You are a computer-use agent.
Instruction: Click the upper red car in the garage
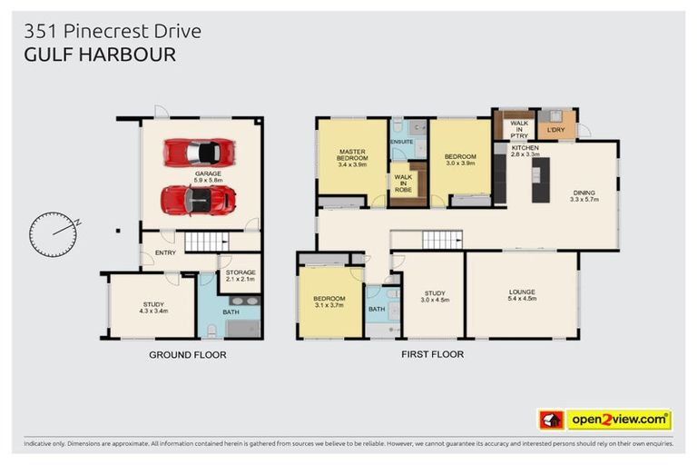click(199, 152)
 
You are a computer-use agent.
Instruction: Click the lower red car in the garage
click(198, 200)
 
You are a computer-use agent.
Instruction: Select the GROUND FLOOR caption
click(187, 354)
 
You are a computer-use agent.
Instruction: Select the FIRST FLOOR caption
click(432, 354)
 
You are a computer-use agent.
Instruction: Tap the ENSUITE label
click(401, 143)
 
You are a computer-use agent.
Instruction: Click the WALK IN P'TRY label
click(519, 129)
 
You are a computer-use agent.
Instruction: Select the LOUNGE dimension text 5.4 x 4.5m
click(521, 299)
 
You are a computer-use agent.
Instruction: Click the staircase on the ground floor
click(208, 242)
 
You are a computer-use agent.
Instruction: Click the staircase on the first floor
click(441, 240)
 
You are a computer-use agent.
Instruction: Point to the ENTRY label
click(164, 252)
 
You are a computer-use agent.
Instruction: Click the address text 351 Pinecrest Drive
click(113, 32)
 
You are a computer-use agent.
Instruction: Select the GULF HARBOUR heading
click(99, 54)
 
